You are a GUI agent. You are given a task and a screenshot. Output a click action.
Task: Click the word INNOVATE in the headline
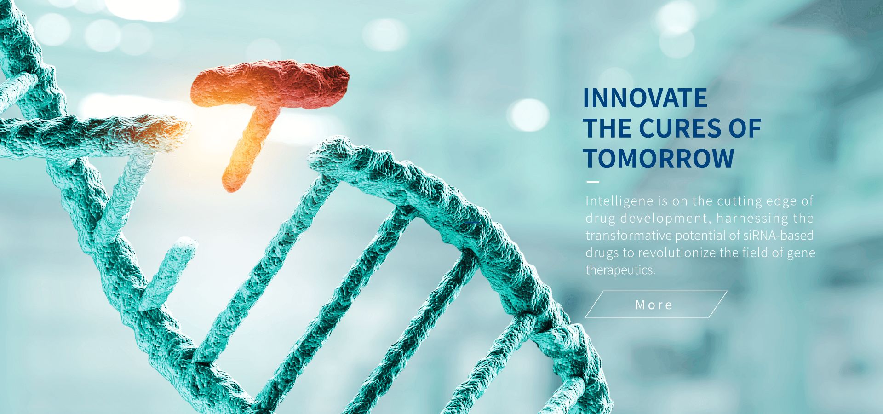645,98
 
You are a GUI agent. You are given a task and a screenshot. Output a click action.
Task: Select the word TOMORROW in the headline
659,158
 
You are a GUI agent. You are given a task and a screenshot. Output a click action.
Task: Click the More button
655,305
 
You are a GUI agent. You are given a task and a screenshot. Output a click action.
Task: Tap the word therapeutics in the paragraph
620,270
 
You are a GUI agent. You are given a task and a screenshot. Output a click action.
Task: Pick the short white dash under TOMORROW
593,182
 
